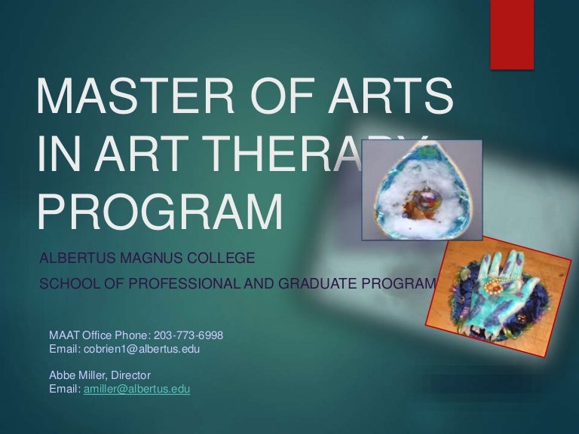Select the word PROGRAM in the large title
159,213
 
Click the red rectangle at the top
512,34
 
